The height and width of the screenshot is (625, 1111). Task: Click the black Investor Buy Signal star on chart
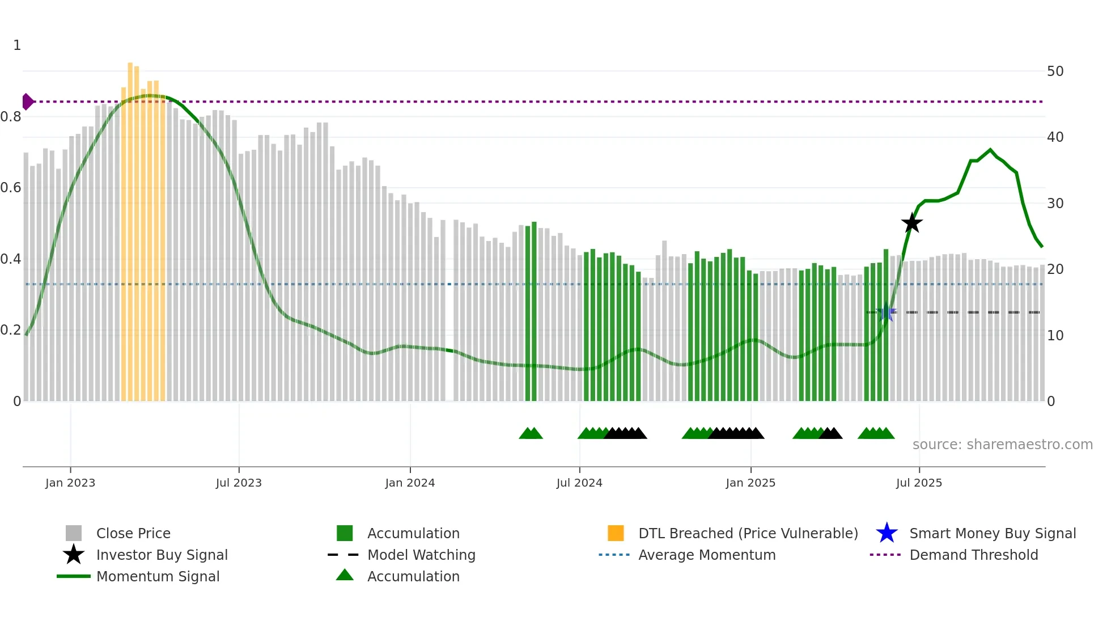[911, 223]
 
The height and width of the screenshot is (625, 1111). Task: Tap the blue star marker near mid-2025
[885, 312]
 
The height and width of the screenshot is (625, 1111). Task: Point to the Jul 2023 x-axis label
[239, 483]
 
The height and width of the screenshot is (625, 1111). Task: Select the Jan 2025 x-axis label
[750, 483]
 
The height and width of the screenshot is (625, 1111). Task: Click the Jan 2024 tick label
[410, 483]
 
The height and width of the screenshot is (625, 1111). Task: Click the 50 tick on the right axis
[1055, 71]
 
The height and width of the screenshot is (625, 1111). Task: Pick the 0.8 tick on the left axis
[11, 117]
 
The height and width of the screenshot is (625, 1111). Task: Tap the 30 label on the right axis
[1055, 204]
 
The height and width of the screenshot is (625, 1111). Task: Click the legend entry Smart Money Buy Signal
[992, 533]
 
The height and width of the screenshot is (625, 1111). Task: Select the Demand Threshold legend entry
[973, 555]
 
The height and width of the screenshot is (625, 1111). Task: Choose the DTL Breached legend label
[748, 533]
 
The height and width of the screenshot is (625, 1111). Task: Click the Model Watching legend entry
[421, 555]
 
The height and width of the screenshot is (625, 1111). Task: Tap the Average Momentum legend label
[706, 555]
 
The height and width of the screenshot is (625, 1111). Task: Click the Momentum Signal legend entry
[158, 576]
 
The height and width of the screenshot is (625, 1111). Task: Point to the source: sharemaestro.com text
[1002, 445]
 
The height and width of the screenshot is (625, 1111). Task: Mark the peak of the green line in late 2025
[990, 150]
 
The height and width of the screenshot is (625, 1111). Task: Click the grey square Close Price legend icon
[74, 533]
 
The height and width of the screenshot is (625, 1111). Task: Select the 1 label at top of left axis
[17, 45]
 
